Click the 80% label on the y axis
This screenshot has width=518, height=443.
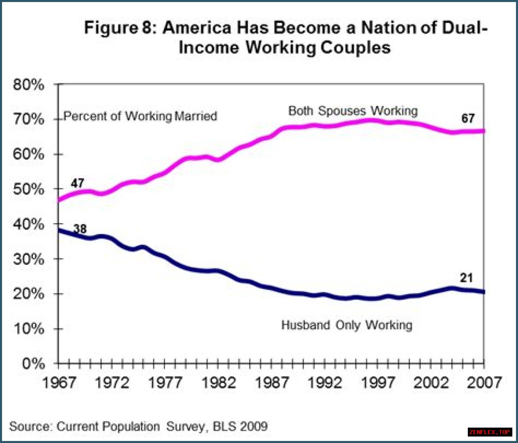[28, 85]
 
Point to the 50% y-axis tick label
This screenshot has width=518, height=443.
[28, 189]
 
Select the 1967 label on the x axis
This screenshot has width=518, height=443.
[59, 382]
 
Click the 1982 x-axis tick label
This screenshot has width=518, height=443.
[219, 382]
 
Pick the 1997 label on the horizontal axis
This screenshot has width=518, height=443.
[378, 382]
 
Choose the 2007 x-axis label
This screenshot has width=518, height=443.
[484, 382]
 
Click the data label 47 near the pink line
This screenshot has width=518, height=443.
[77, 183]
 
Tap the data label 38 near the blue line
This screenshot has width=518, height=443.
[80, 229]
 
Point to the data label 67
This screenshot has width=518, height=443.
[468, 118]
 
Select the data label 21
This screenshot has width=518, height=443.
[466, 278]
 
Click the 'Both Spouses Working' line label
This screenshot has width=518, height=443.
[353, 111]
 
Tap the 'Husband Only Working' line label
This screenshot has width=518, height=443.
[347, 325]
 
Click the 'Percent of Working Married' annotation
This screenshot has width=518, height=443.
[140, 116]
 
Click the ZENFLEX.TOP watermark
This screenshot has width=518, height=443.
[490, 432]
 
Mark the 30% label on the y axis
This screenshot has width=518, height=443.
[28, 259]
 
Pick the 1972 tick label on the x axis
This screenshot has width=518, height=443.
[112, 382]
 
